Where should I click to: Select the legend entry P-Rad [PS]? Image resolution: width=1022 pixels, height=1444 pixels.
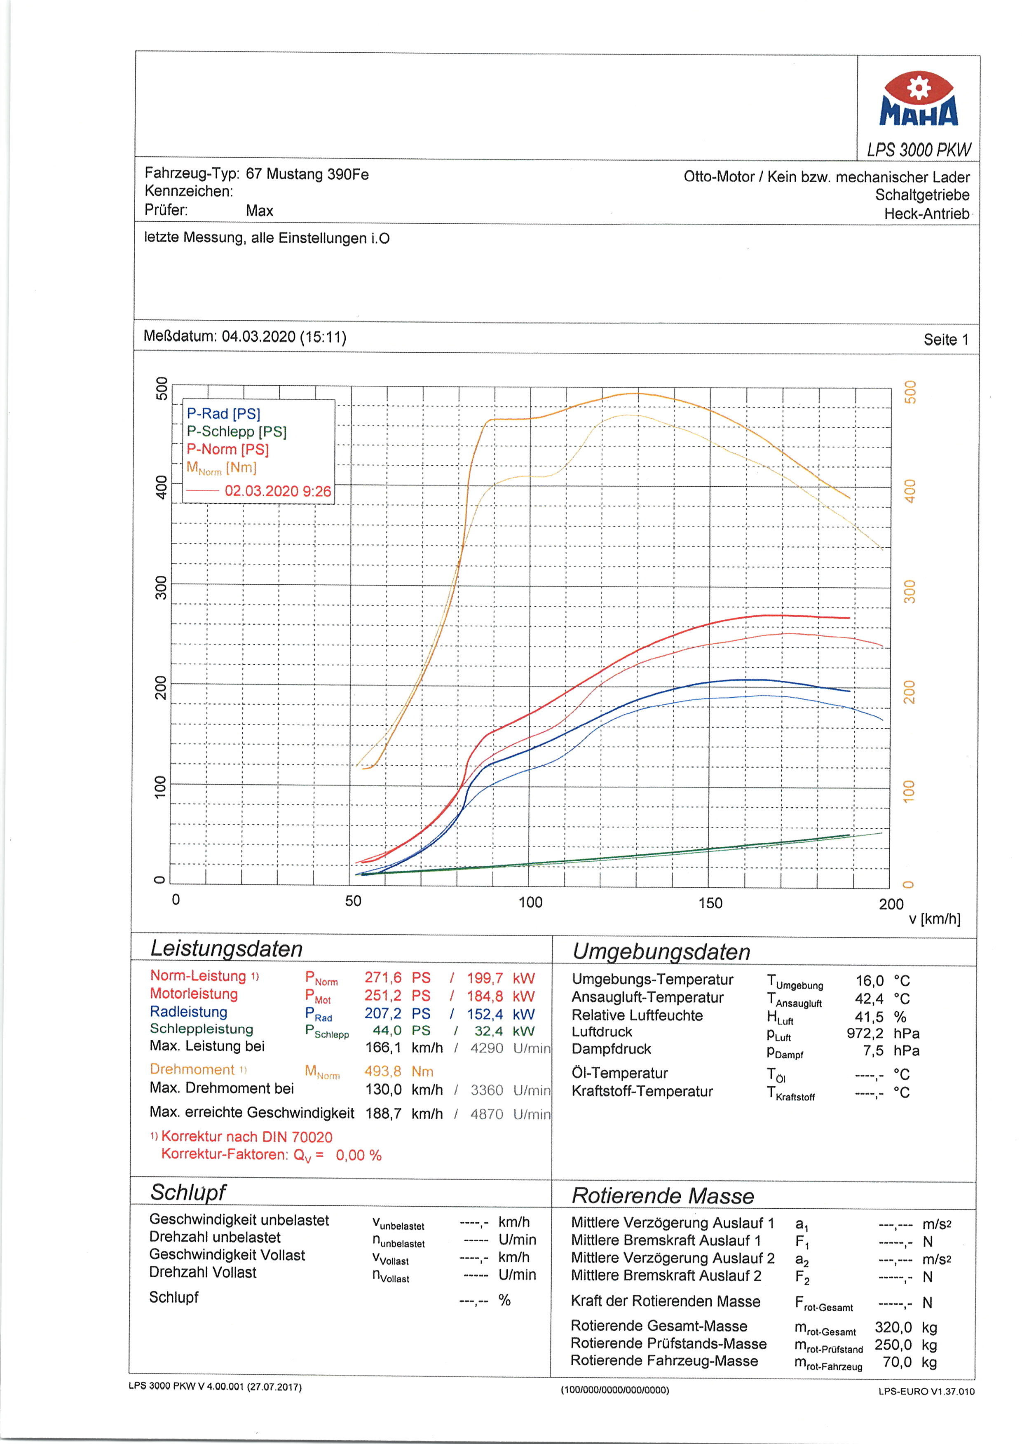(223, 413)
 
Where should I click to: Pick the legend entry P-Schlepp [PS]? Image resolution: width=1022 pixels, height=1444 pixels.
(236, 431)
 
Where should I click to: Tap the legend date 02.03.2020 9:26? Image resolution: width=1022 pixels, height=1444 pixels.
(277, 491)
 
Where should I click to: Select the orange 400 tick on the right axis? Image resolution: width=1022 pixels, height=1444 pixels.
(909, 491)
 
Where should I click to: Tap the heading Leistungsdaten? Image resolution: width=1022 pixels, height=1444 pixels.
(227, 949)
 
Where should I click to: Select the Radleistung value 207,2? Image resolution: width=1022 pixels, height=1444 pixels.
(382, 1013)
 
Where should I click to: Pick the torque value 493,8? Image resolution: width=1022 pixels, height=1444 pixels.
(382, 1071)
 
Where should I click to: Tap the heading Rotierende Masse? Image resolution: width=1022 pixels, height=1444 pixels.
(662, 1196)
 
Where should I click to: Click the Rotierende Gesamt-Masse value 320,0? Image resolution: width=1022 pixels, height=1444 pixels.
(893, 1327)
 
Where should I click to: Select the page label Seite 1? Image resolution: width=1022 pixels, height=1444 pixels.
(946, 340)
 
